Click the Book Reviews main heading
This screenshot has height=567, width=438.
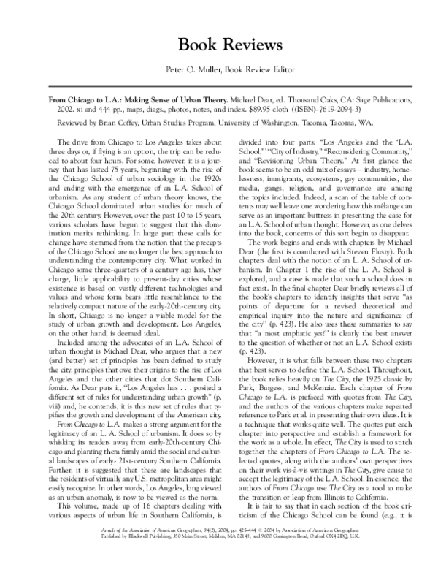click(219, 44)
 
